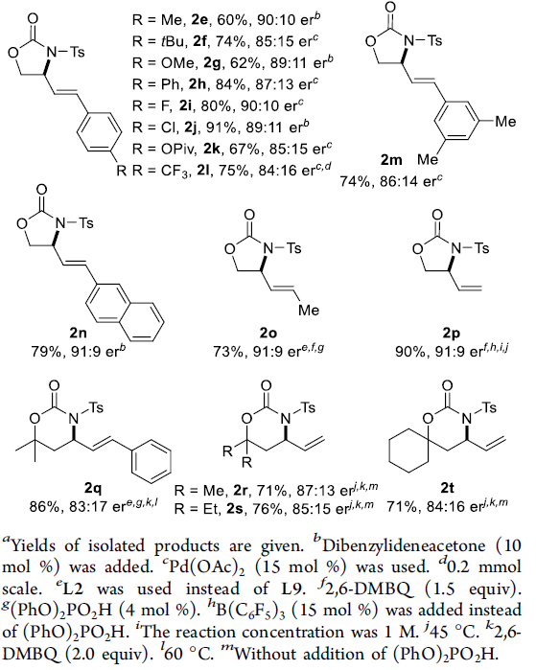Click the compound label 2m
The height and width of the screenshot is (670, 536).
[x=391, y=160]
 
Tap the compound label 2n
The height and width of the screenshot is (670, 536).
[x=78, y=334]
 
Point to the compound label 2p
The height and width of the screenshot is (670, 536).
[x=452, y=334]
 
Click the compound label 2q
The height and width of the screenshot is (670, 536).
[x=93, y=489]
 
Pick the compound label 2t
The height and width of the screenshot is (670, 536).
[x=447, y=488]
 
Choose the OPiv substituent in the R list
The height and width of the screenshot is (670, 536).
[x=178, y=149]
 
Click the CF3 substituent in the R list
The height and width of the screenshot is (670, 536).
[x=175, y=171]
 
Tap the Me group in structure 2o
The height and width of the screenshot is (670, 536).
[x=309, y=310]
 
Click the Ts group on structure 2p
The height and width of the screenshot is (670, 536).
[x=481, y=248]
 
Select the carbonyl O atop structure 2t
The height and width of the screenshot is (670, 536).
[x=447, y=386]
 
